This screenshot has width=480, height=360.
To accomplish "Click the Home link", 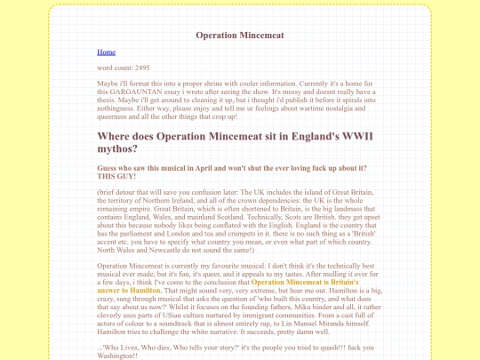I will pos(106,52).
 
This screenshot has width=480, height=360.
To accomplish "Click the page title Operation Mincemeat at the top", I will pos(239,36).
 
